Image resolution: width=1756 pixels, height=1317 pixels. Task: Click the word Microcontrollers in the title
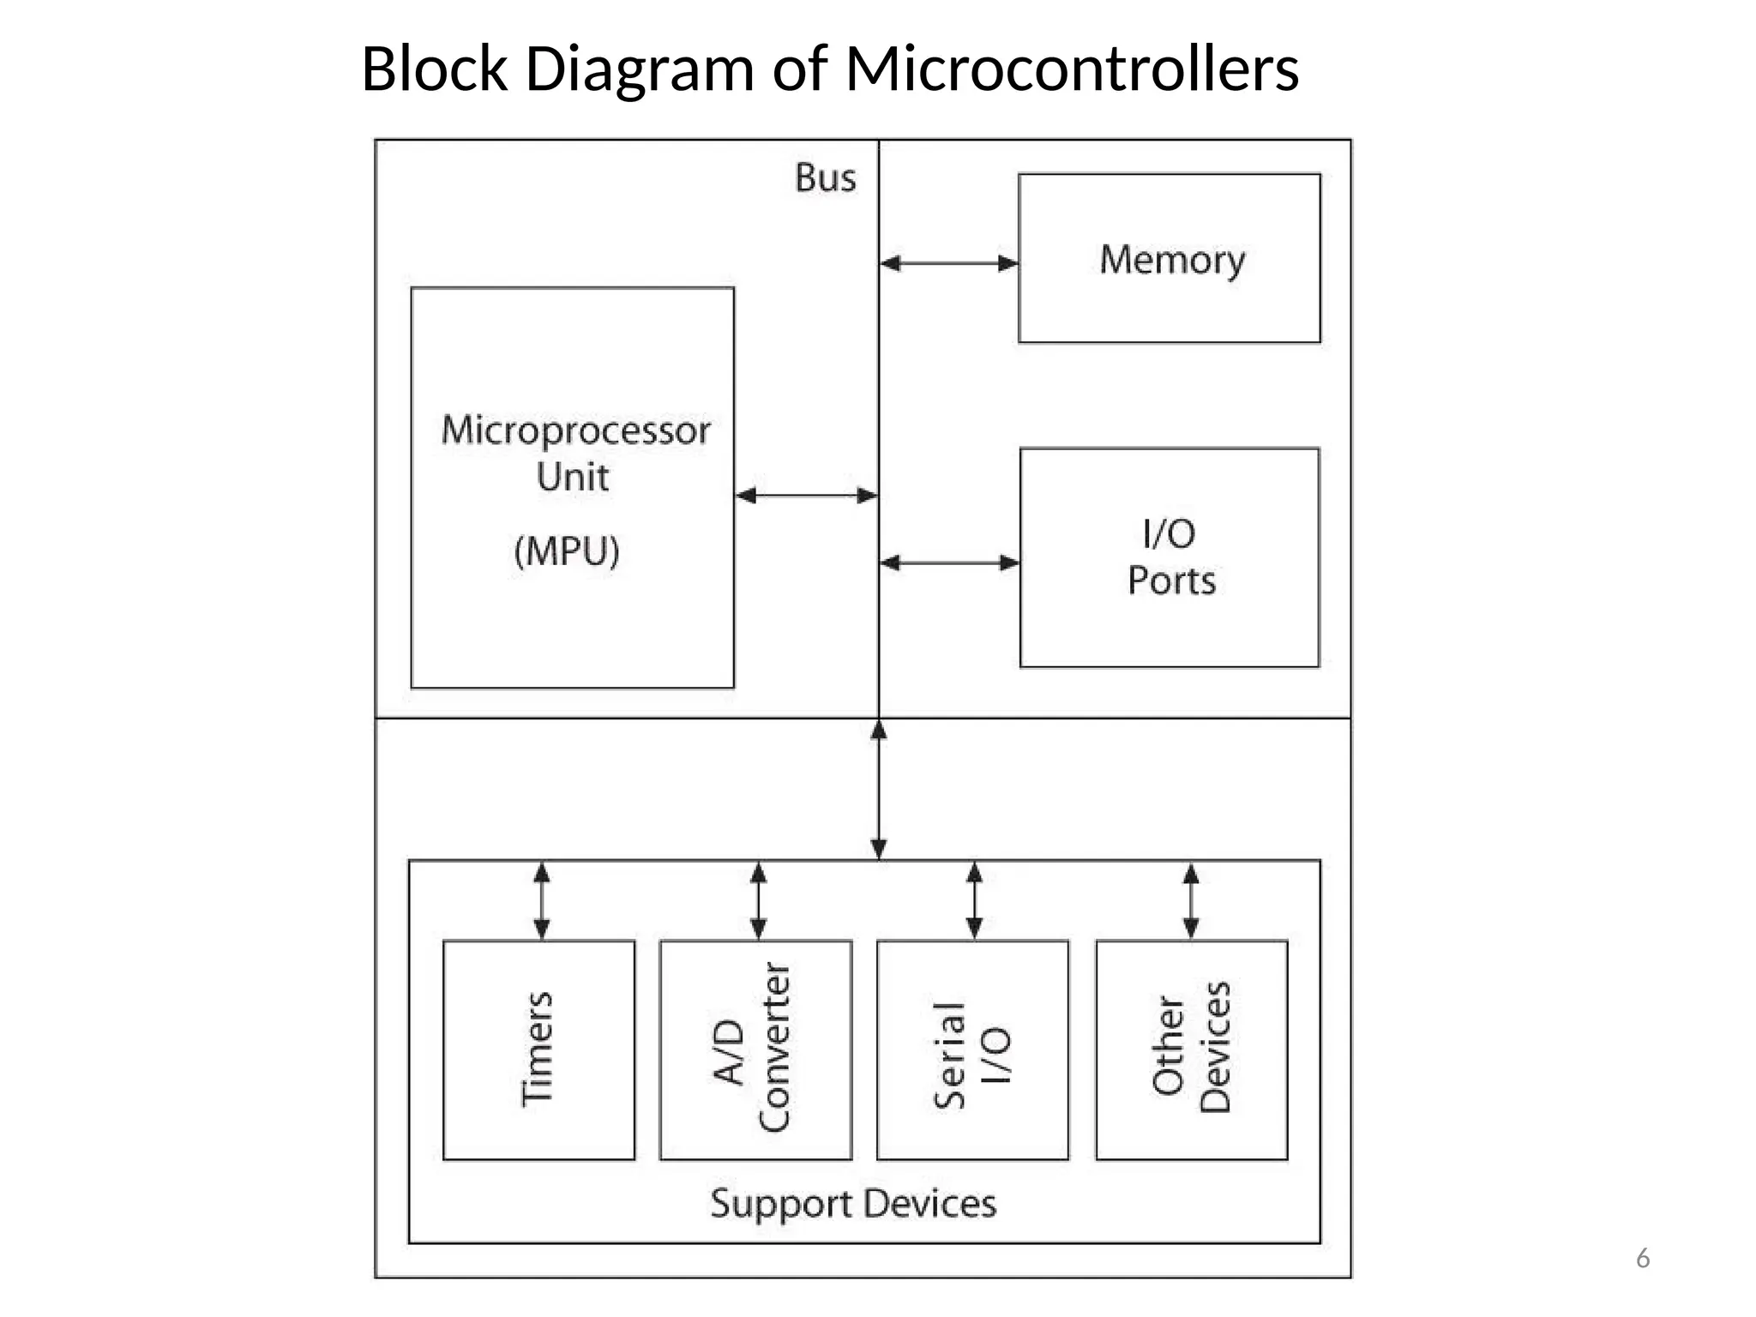point(1072,69)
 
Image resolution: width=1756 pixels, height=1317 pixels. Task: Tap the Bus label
point(825,178)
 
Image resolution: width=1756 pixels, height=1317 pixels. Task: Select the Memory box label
point(1171,259)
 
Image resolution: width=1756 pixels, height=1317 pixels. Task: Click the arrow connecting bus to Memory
point(948,263)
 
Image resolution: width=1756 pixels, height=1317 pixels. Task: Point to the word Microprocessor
point(575,430)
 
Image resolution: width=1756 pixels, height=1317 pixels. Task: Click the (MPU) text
point(566,550)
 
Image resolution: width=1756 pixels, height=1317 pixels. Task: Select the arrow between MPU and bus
point(806,495)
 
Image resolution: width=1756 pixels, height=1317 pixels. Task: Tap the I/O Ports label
point(1170,557)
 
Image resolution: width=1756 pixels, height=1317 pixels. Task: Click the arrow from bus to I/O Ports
point(949,562)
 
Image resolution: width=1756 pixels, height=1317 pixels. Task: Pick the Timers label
point(538,1049)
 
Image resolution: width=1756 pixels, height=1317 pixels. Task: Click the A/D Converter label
point(753,1049)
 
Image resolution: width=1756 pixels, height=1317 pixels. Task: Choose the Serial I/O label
point(971,1055)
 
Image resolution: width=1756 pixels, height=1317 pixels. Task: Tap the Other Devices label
point(1191,1048)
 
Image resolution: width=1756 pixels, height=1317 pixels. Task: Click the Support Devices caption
point(853,1203)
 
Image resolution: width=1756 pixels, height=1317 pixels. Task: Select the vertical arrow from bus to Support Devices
point(879,789)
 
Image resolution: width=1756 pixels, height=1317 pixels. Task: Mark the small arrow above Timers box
point(542,900)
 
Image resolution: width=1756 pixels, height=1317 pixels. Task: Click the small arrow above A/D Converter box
point(758,900)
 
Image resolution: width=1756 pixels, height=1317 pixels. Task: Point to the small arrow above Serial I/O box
point(974,900)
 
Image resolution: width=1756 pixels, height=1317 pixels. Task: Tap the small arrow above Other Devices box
point(1191,900)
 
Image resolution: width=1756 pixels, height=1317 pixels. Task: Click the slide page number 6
point(1642,1258)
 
